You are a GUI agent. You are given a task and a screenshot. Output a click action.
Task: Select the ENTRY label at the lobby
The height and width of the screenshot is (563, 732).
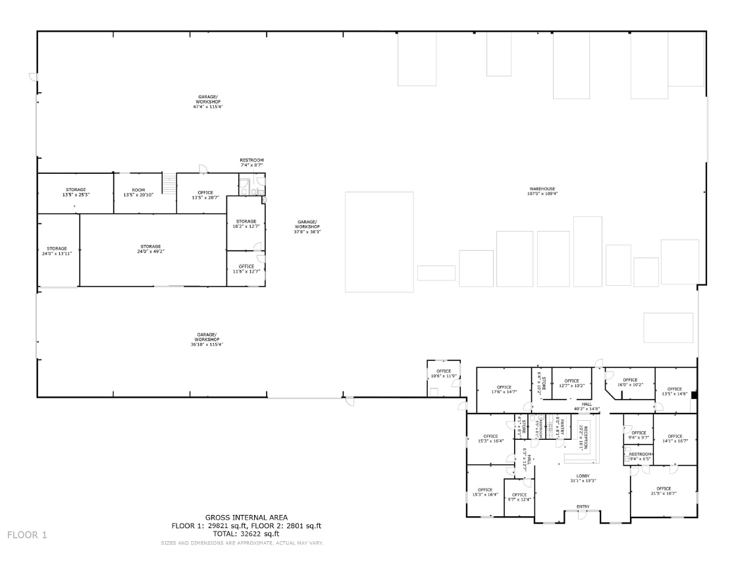[x=583, y=506]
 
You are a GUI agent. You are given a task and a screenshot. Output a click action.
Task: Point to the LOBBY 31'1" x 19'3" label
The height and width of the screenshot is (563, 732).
[x=583, y=478]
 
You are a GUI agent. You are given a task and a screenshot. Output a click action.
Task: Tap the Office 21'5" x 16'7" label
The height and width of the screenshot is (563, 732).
[x=663, y=491]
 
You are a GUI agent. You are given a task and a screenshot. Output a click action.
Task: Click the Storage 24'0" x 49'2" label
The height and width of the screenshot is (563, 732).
[x=150, y=249]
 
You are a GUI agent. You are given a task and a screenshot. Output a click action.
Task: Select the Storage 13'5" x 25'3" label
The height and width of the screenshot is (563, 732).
[x=76, y=192]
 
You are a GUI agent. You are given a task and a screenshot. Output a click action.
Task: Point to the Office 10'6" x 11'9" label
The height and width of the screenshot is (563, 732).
[x=444, y=373]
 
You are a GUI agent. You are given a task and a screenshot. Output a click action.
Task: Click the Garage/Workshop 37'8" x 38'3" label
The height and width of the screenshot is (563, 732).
[x=307, y=227]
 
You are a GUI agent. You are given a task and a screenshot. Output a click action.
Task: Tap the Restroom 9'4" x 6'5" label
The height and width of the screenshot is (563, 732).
[x=639, y=456]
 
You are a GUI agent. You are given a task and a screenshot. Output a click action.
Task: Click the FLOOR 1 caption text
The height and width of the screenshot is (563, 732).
[x=27, y=535]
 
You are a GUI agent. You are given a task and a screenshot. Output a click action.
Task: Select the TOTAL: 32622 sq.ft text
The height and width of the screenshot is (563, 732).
[x=246, y=533]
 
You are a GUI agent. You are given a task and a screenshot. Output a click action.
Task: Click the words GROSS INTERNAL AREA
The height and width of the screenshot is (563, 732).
[x=246, y=518]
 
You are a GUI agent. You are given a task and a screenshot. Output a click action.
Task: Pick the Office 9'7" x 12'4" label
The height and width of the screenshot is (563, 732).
[x=519, y=497]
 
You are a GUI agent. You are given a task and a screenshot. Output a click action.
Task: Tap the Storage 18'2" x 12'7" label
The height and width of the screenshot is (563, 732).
[x=246, y=224]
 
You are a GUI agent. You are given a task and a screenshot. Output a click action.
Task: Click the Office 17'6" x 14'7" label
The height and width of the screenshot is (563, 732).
[x=504, y=389]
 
